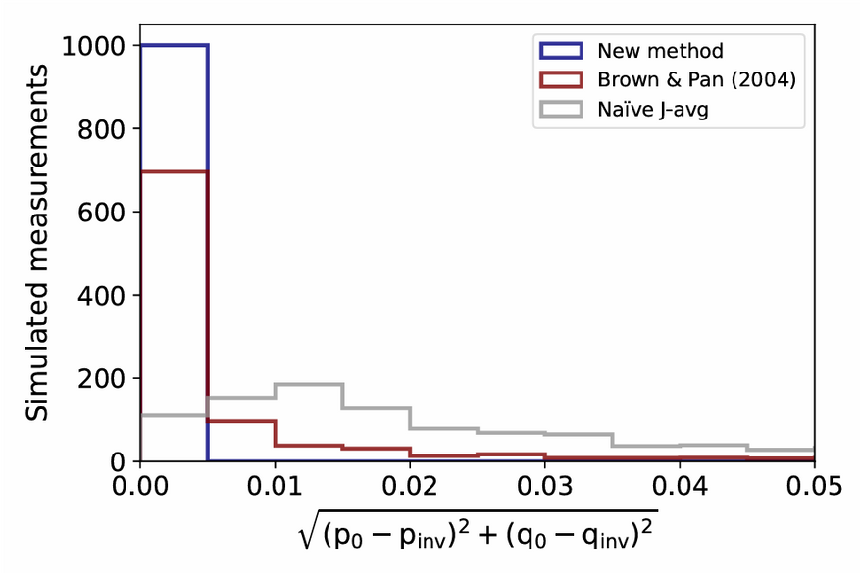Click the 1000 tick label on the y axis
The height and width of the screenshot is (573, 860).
click(x=92, y=45)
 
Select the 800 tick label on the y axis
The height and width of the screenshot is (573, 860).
click(x=102, y=128)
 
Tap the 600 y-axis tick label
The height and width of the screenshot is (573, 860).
click(x=102, y=212)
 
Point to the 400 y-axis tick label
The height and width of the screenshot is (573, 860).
click(x=102, y=295)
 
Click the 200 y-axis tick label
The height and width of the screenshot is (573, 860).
click(x=102, y=378)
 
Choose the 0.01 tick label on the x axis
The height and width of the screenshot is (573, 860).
click(x=276, y=486)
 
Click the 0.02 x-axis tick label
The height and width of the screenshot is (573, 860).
click(x=410, y=486)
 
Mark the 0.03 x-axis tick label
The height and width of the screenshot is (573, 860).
click(x=545, y=486)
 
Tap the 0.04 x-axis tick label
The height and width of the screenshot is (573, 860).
click(x=680, y=486)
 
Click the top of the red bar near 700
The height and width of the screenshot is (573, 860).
click(x=175, y=171)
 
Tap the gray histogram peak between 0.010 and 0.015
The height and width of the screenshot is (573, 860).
click(x=309, y=384)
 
